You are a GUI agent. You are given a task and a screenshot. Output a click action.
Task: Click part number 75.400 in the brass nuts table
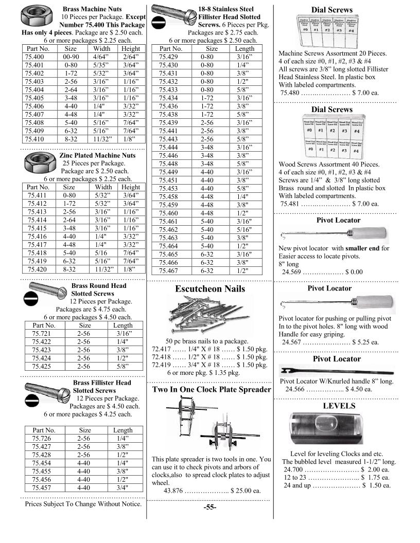pos(34,57)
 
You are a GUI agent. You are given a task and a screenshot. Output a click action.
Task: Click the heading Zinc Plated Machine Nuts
pos(97,155)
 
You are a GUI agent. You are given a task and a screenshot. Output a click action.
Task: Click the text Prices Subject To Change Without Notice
pos(83,504)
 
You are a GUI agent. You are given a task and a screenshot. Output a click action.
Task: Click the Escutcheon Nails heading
pos(210,289)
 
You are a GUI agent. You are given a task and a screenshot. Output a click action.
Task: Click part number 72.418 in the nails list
pos(162,356)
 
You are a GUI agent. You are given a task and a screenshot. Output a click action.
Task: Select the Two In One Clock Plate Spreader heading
pos(212,389)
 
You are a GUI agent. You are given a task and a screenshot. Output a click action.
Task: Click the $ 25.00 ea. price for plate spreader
pos(246,490)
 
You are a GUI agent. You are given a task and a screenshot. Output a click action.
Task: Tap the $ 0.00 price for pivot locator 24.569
pos(354,272)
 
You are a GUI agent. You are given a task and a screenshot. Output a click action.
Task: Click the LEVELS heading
pos(339,406)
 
